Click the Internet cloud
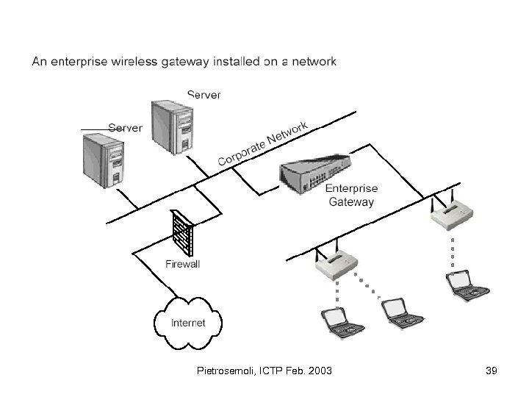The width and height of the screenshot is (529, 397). (188, 322)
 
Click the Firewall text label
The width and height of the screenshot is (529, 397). (182, 264)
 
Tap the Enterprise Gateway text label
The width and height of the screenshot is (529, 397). (350, 195)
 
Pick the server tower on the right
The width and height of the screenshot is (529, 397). (172, 128)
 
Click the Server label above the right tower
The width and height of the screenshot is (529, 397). (204, 95)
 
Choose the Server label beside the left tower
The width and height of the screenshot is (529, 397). (125, 127)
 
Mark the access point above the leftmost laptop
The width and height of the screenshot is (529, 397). (337, 265)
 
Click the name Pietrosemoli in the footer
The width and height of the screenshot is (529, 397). (228, 371)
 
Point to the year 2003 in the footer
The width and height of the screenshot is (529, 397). (319, 371)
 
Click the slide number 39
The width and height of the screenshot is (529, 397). (492, 371)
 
